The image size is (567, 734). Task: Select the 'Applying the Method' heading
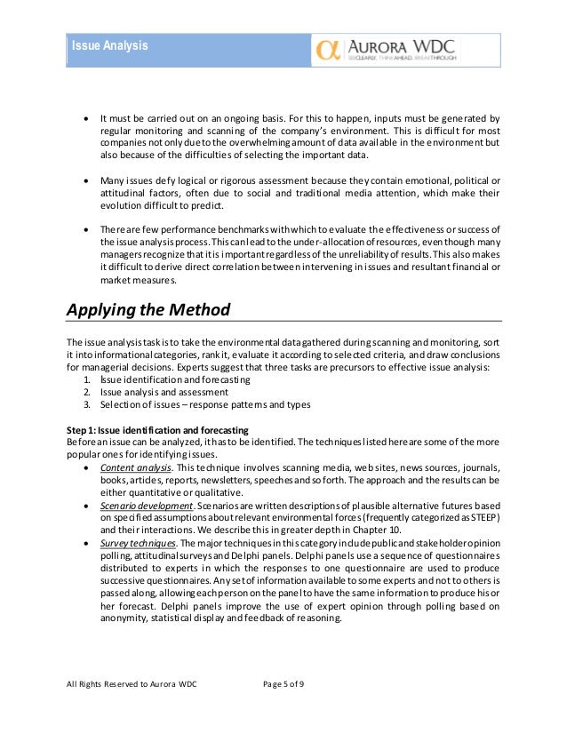pos(149,311)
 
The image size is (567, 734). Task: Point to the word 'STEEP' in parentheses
pos(483,516)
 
